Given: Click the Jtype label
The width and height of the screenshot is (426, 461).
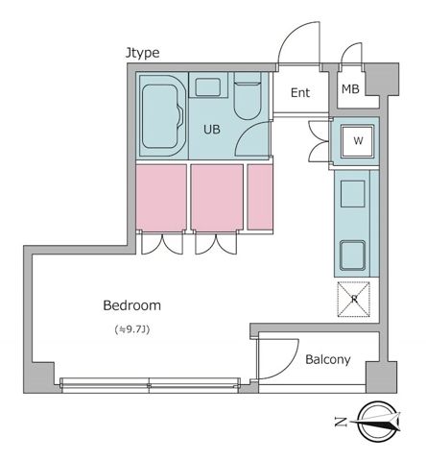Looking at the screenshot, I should point(142,53).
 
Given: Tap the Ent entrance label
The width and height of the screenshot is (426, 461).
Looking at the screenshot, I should point(300,93).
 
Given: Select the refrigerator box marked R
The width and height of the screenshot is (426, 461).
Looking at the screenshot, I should point(354,299).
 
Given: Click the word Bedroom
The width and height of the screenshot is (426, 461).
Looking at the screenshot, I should point(131,306).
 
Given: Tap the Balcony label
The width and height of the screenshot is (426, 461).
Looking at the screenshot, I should point(328,360).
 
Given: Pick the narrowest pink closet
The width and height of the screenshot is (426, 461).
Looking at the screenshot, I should point(260,197).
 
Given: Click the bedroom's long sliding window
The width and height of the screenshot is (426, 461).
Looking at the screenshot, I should point(149,384).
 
